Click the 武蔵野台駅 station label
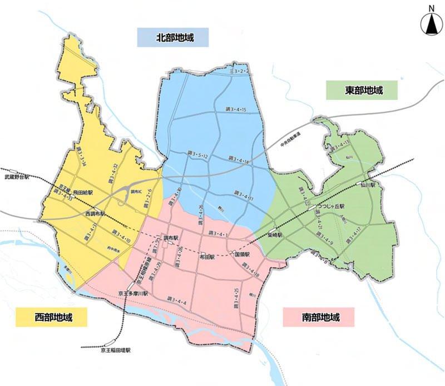click(x=16, y=178)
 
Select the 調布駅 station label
click(x=171, y=237)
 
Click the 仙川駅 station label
click(x=369, y=183)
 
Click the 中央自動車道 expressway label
click(x=290, y=144)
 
